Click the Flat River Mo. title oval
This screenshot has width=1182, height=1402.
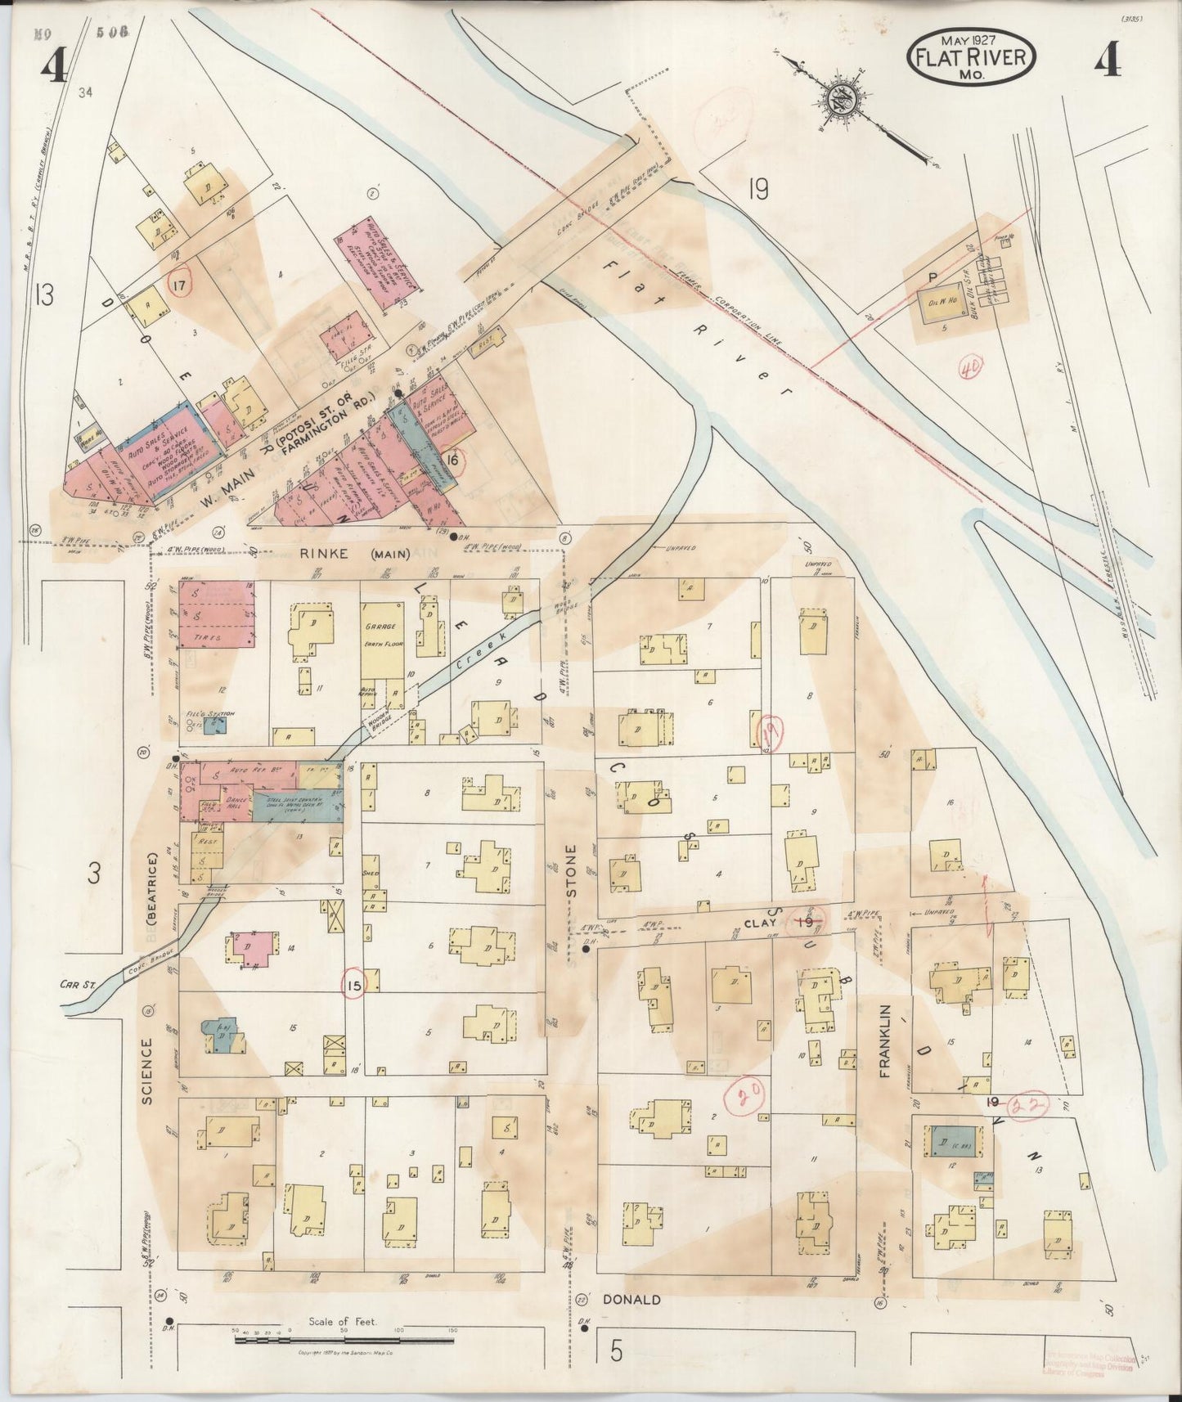972,56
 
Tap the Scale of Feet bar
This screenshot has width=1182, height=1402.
344,1340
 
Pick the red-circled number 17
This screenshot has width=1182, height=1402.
178,284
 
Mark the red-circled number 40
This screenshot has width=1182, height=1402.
971,368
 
